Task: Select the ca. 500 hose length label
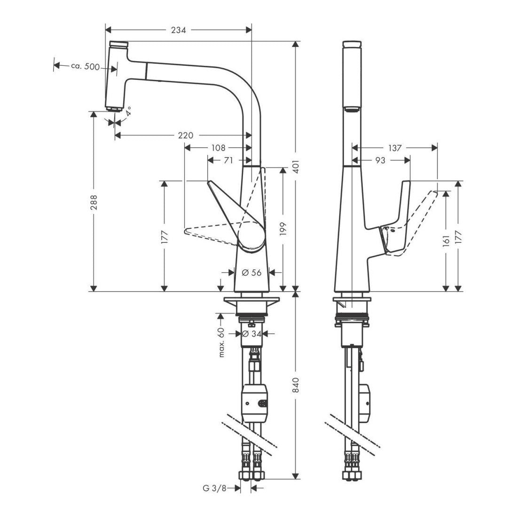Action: coord(85,67)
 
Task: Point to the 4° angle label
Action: coord(128,112)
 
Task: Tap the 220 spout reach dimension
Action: coord(186,136)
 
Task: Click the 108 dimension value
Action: coord(218,148)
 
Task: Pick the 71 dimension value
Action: coord(228,160)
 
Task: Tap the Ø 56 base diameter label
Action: coord(251,272)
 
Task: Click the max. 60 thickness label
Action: coord(222,343)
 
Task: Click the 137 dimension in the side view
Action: coord(395,148)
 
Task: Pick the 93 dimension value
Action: coord(381,160)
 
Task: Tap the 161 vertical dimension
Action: coord(446,240)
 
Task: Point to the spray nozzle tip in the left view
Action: coord(114,109)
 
